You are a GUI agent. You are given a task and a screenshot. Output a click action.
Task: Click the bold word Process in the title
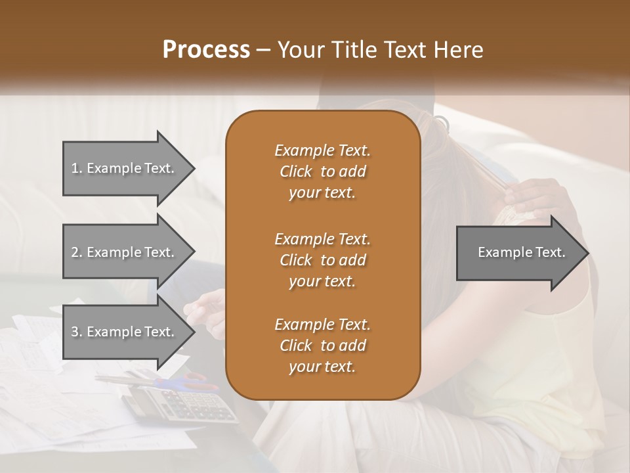pyautogui.click(x=206, y=50)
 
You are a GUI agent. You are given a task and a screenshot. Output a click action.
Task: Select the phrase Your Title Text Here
pyautogui.click(x=381, y=50)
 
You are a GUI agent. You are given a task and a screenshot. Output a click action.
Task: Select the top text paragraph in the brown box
pyautogui.click(x=322, y=171)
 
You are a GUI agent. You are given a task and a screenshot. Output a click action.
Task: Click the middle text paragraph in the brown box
pyautogui.click(x=322, y=259)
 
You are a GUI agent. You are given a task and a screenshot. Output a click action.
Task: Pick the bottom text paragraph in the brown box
pyautogui.click(x=322, y=346)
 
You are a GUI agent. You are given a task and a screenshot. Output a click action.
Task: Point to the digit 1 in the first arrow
pyautogui.click(x=74, y=168)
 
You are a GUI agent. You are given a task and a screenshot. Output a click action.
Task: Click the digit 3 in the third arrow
pyautogui.click(x=75, y=332)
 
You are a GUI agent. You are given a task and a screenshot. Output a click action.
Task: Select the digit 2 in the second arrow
pyautogui.click(x=75, y=252)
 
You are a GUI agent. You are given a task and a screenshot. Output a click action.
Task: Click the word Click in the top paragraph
pyautogui.click(x=295, y=171)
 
